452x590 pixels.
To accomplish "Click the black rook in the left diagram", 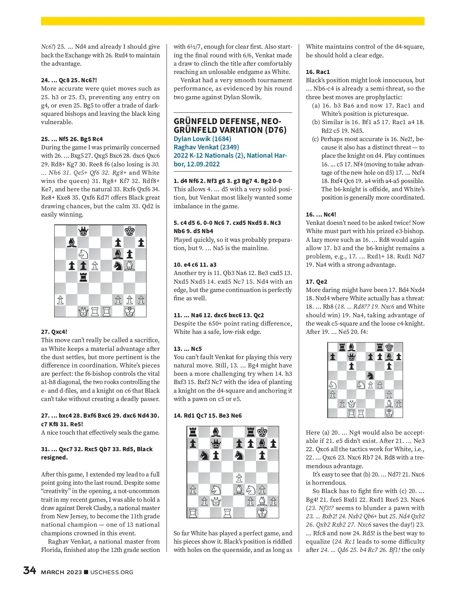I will point(83,277).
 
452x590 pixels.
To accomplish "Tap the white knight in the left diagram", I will point(83,254).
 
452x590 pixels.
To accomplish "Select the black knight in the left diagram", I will point(118,266).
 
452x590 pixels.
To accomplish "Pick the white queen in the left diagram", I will point(83,312).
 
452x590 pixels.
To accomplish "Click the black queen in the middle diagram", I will point(216,444).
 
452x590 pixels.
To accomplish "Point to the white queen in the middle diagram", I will point(216,501).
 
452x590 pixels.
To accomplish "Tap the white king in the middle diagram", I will point(262,513).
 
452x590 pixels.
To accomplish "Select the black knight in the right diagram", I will point(370,375).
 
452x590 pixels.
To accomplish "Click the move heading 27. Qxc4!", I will point(54,332).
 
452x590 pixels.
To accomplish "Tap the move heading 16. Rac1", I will point(318,72).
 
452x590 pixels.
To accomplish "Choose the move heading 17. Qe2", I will point(316,281).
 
